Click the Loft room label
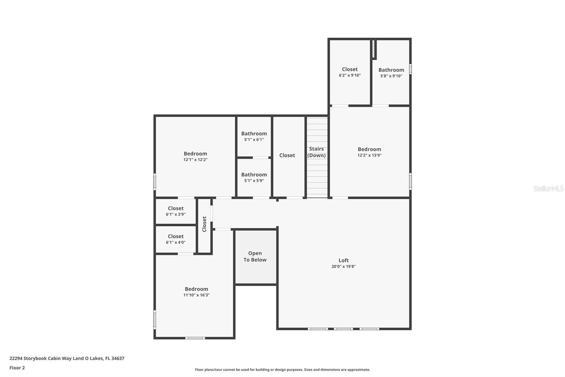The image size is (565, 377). coord(343,260)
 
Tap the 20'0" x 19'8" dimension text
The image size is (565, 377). coord(343,267)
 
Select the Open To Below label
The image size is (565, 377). coord(255,256)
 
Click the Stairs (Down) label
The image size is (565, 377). coord(316,152)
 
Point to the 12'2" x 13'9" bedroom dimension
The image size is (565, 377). coord(369,155)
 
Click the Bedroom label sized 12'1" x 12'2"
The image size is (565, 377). coord(195,153)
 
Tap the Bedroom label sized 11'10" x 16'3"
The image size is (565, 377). coord(196,289)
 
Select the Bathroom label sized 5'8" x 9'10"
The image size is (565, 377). coord(391,70)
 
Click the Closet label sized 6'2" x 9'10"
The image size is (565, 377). coord(350,69)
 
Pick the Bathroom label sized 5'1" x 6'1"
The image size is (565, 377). coord(254,133)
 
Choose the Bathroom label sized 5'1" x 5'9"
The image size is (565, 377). coord(254,174)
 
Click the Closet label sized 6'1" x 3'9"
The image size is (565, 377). coord(176,208)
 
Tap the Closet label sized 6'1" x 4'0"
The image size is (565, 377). coord(176,236)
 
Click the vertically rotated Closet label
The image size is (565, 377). coord(204,224)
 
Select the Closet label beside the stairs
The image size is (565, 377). coord(287,155)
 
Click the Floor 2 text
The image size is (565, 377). coord(17,368)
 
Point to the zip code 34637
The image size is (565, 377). coord(118,358)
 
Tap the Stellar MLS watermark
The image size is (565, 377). coord(548,188)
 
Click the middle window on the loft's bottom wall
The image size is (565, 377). coord(343,329)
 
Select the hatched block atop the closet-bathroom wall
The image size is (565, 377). coord(373,49)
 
